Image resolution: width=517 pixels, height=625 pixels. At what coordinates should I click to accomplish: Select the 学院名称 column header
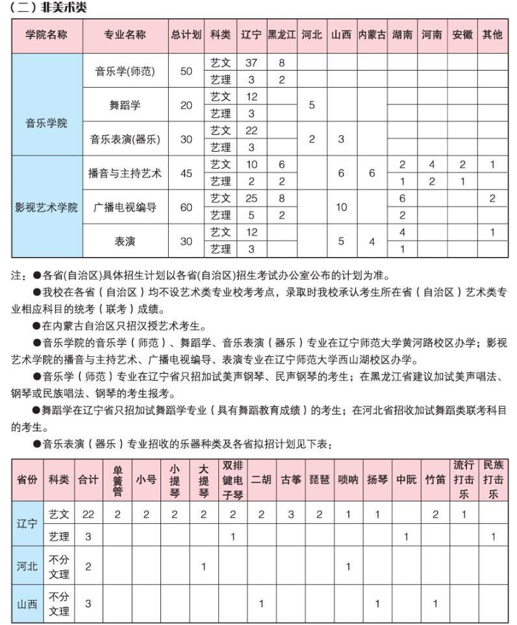47,35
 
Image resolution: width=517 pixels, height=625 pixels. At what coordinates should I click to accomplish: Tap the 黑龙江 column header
282,35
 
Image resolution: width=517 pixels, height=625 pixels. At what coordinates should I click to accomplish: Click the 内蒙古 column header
372,35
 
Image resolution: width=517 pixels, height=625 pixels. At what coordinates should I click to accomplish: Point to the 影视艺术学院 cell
47,208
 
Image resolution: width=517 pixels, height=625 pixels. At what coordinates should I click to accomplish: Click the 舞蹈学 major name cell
125,105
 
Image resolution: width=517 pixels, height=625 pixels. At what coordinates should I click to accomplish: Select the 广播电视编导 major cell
125,208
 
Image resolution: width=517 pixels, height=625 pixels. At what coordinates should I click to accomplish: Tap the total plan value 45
186,173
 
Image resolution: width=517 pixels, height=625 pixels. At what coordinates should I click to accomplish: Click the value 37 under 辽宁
251,63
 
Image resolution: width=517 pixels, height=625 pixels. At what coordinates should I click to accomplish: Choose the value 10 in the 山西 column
342,208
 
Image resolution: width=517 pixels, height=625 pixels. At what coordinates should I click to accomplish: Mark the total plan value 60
186,208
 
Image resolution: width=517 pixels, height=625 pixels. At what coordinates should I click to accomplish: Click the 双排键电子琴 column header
233,480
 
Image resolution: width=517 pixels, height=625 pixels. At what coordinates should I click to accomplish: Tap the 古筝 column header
291,480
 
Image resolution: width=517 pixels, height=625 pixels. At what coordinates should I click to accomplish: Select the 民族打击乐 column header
493,480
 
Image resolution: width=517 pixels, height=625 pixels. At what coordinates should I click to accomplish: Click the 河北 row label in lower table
27,566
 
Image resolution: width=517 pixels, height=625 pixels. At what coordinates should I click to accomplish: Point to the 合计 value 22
88,514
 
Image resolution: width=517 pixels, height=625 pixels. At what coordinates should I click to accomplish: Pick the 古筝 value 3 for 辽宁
291,514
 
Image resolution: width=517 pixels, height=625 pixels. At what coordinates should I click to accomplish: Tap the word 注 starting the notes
18,276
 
